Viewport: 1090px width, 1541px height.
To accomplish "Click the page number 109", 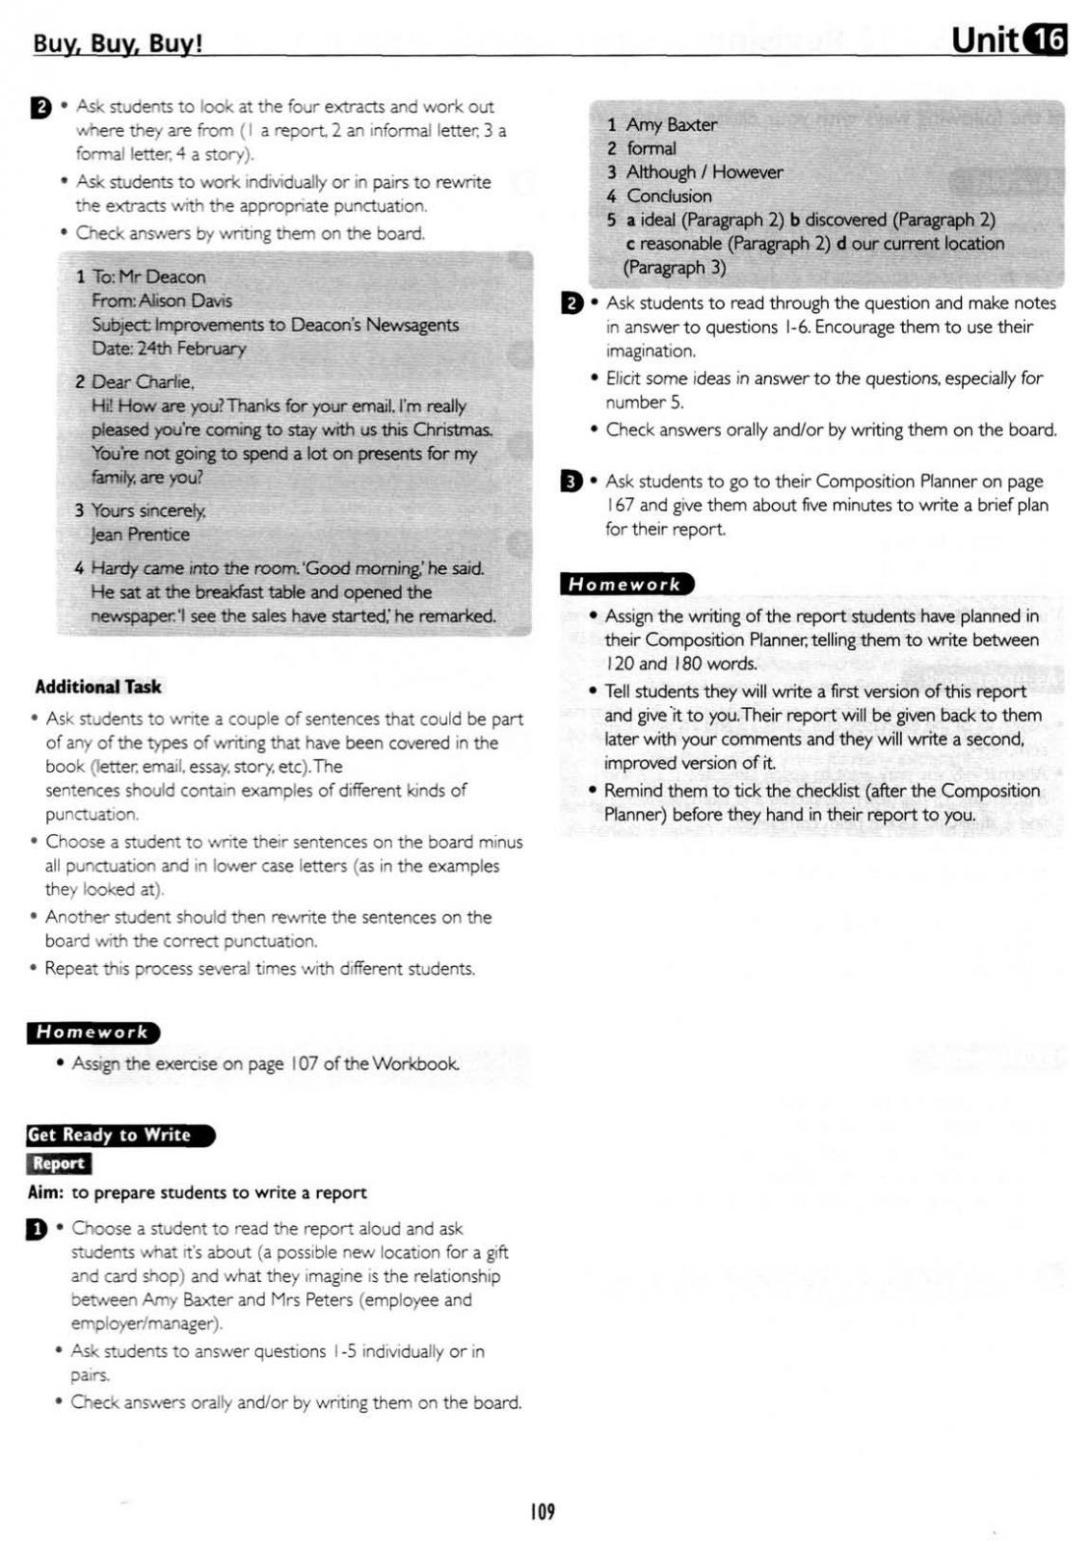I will pyautogui.click(x=543, y=1511).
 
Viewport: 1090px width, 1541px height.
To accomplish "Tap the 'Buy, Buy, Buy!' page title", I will pyautogui.click(x=118, y=44).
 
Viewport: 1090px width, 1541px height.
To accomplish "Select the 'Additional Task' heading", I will pyautogui.click(x=98, y=687).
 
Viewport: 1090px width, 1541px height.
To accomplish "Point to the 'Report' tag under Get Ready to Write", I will pyautogui.click(x=59, y=1163).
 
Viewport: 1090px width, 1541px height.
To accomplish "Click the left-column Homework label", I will pyautogui.click(x=93, y=1032).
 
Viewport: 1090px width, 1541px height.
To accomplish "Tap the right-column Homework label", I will pyautogui.click(x=625, y=584).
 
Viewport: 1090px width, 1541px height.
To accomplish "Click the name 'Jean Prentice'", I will pyautogui.click(x=140, y=535).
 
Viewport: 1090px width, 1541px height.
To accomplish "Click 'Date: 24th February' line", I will pyautogui.click(x=169, y=349).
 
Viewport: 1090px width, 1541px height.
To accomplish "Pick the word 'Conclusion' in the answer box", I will pyautogui.click(x=669, y=196).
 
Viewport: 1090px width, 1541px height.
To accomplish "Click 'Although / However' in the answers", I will pyautogui.click(x=705, y=172).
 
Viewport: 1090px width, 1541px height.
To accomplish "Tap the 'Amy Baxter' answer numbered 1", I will pyautogui.click(x=671, y=124).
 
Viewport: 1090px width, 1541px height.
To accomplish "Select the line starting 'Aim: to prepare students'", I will pyautogui.click(x=198, y=1192).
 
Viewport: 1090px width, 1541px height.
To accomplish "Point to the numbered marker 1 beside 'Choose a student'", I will pyautogui.click(x=37, y=1229).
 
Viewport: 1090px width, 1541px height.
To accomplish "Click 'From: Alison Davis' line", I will pyautogui.click(x=162, y=300).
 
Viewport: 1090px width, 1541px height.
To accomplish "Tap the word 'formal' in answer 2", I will pyautogui.click(x=651, y=148).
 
